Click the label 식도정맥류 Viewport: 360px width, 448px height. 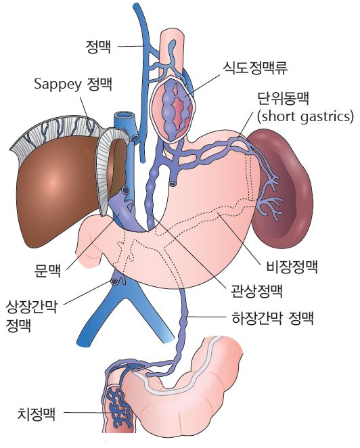click(255, 68)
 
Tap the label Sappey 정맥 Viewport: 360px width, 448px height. click(73, 84)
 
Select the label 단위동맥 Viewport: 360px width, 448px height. click(283, 99)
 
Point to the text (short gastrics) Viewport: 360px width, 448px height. click(305, 116)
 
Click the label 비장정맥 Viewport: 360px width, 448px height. click(292, 267)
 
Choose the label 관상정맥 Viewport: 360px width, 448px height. click(256, 291)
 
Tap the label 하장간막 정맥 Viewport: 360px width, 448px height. click(273, 318)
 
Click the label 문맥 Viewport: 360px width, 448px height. click(48, 270)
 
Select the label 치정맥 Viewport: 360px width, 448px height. click(37, 413)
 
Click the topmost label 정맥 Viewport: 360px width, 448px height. click(98, 47)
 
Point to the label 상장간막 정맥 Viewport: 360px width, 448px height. click(31, 316)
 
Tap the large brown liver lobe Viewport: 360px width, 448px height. click(57, 189)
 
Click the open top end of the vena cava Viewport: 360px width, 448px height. click(125, 116)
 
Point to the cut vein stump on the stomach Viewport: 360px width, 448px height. click(173, 183)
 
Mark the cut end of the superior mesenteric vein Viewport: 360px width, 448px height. click(115, 282)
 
